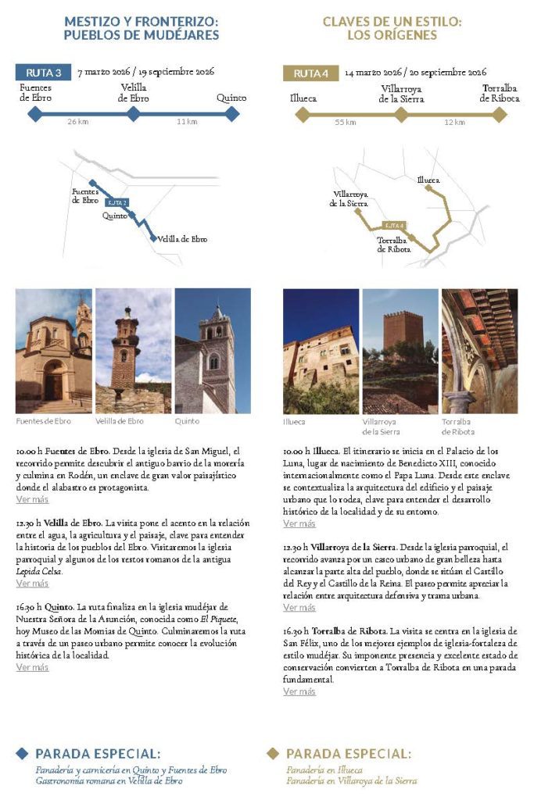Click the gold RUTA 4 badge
point(310,73)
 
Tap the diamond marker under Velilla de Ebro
point(134,114)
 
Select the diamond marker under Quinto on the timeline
point(231,114)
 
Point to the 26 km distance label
point(78,122)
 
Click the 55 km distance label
point(345,122)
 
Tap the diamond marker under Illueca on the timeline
point(303,114)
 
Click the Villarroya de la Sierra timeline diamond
point(401,114)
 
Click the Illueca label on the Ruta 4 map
point(428,180)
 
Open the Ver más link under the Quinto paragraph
point(32,667)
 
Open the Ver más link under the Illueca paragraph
point(299,523)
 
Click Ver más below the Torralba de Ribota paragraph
point(299,691)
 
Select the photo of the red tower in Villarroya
point(400,351)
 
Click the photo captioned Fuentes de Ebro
point(53,351)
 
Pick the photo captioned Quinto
point(213,351)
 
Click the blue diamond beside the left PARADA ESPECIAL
point(23,753)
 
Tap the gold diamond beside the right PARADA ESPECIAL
point(273,753)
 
